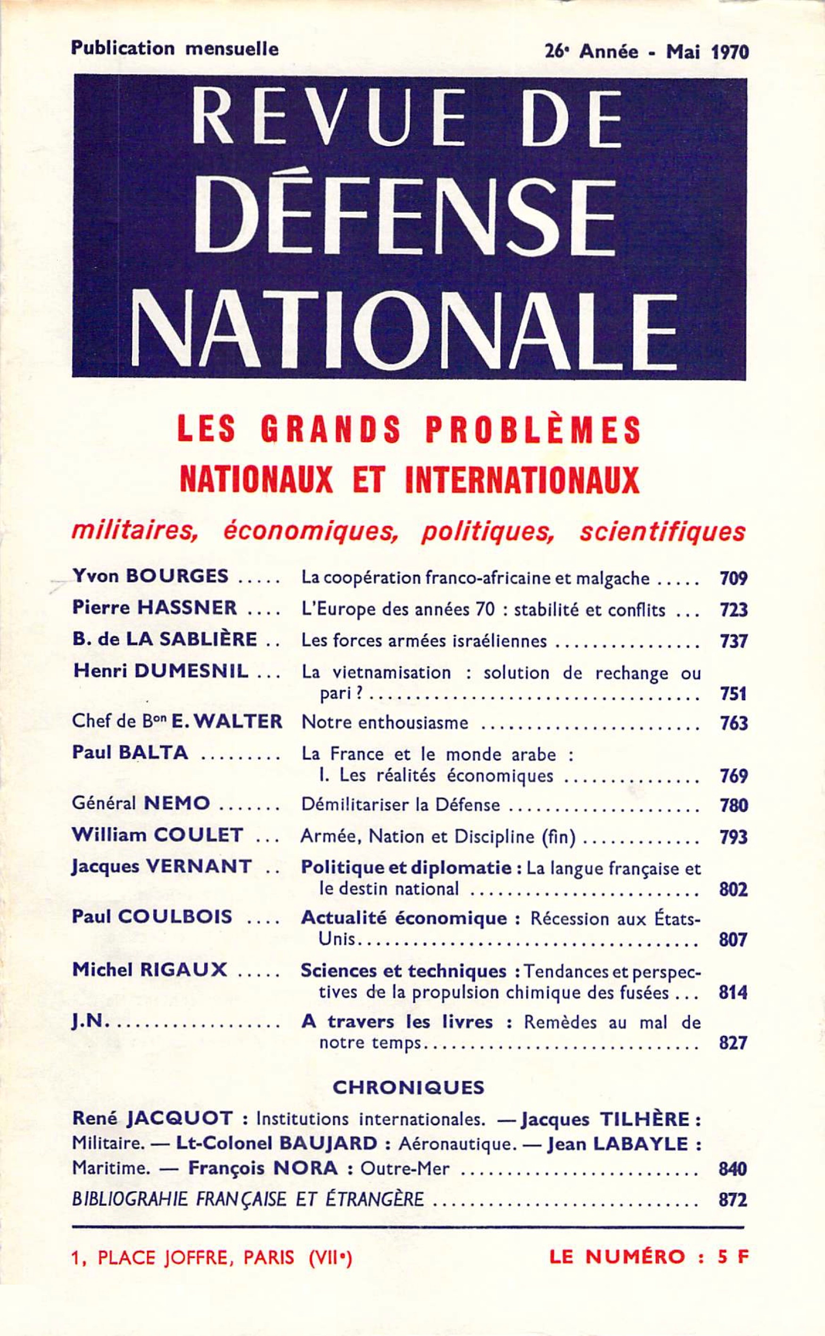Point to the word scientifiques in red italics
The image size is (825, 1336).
662,531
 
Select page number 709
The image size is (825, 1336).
732,578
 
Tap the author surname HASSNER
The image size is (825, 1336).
187,607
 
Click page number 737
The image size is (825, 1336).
732,641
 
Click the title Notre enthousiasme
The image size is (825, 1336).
385,722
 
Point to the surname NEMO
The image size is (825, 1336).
176,804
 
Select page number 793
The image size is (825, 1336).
732,837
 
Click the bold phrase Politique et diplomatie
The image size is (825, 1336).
406,868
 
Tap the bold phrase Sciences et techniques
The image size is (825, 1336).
404,971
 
